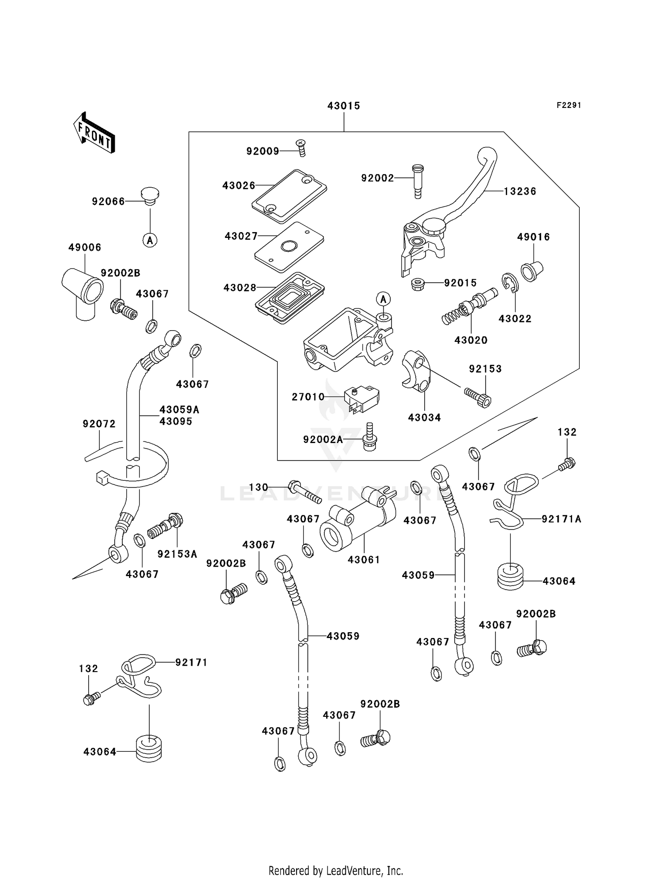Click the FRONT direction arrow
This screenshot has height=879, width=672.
94,133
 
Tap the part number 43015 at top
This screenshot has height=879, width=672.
344,106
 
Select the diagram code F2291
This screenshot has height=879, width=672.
569,105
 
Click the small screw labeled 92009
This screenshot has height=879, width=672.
301,147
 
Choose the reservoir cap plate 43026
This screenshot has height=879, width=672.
289,196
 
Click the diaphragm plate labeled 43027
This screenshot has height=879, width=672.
289,247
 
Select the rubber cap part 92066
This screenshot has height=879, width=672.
150,196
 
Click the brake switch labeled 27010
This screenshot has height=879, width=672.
361,398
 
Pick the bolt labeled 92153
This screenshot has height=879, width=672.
478,396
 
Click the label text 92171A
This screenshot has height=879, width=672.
561,519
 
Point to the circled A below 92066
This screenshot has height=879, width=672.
150,240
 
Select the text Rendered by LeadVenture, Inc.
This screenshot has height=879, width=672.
336,870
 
